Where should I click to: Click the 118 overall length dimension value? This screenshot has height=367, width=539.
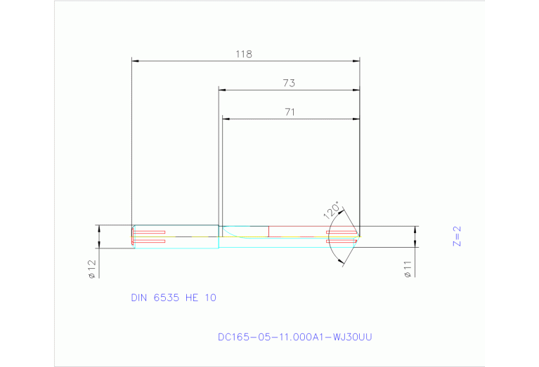(244, 53)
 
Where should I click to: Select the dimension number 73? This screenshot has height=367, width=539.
(288, 83)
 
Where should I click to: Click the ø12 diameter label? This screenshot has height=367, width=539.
(91, 269)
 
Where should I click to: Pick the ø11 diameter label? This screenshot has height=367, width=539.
(408, 269)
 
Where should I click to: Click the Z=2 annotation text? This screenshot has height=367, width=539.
(455, 236)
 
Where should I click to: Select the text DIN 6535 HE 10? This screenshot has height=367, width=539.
(174, 298)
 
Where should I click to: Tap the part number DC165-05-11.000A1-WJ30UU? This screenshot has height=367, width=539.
(294, 338)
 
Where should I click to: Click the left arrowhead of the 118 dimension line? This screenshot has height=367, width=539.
(136, 61)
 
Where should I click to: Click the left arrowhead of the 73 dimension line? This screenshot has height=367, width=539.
(222, 91)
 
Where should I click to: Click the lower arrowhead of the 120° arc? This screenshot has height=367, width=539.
(342, 262)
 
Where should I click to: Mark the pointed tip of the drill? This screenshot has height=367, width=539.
(360, 236)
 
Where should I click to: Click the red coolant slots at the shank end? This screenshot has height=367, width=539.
(150, 236)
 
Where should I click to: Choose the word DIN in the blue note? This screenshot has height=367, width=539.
(139, 298)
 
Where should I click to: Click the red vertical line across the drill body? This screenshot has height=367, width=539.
(268, 231)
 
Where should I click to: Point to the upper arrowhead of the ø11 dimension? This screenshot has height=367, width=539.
(415, 229)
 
